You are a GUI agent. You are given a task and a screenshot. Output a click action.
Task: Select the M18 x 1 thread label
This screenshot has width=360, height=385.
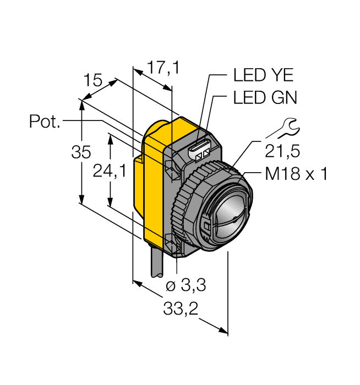click(296, 174)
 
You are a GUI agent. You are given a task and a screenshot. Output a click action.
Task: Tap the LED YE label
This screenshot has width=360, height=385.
click(264, 75)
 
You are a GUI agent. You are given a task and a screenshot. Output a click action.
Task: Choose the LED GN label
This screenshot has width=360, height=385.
click(265, 98)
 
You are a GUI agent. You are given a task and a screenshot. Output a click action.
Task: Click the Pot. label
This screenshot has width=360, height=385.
click(45, 122)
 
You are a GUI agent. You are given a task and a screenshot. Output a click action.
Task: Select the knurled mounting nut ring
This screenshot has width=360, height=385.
click(184, 209)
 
